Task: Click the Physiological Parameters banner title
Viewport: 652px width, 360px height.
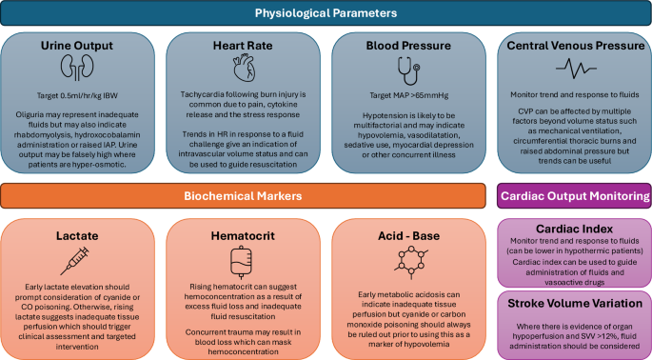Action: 325,13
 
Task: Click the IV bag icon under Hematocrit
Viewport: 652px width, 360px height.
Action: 243,260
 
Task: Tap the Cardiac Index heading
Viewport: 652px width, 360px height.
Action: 574,230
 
